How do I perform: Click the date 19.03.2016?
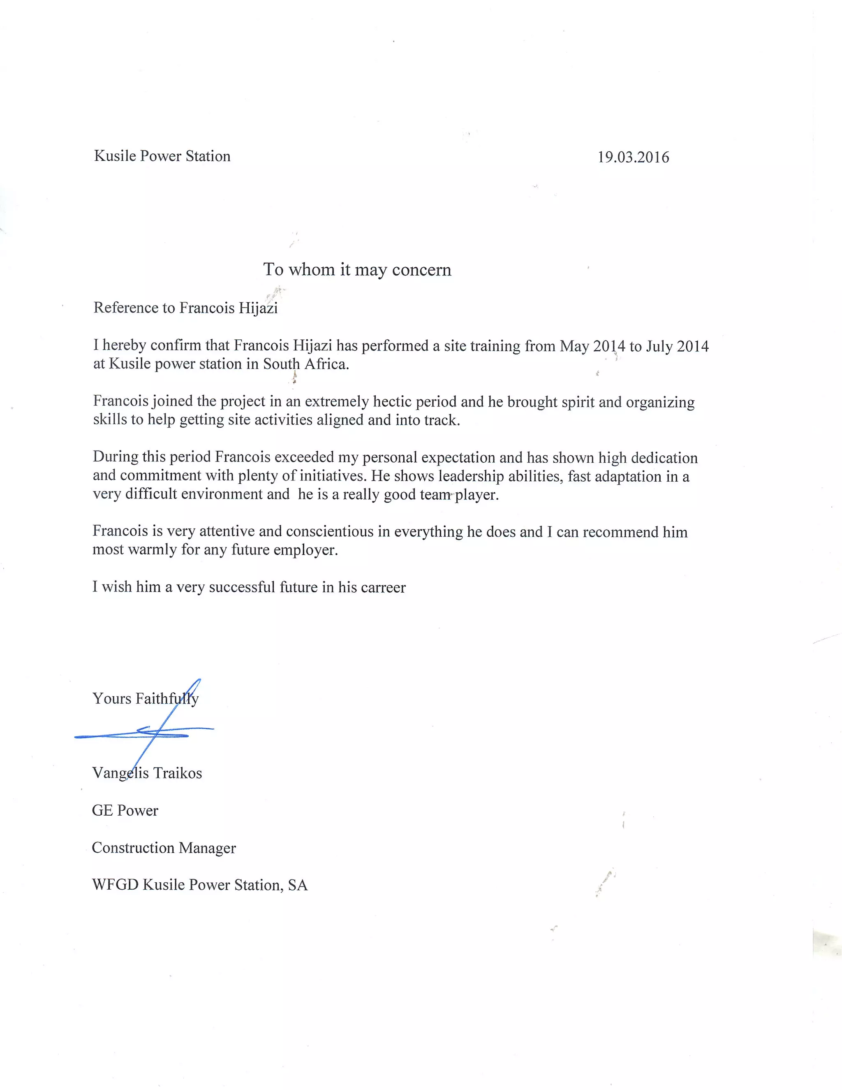tap(633, 157)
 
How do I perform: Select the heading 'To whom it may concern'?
tap(357, 269)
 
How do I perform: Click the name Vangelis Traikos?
tap(147, 773)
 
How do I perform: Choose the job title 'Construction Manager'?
tap(164, 848)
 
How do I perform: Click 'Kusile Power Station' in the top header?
tap(162, 156)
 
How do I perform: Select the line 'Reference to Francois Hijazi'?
tap(185, 308)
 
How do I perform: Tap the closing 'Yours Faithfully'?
tap(145, 698)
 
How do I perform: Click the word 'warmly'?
tap(152, 550)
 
